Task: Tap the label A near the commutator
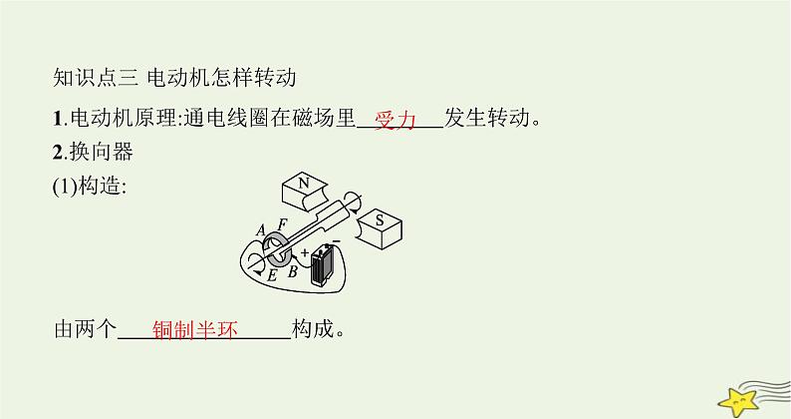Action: coord(261,231)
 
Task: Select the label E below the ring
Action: coord(270,276)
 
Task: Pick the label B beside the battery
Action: coord(291,268)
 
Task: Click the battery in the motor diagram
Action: coord(322,267)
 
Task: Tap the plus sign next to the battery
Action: coord(305,254)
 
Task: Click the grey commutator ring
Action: coord(275,253)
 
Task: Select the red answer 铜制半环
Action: coord(197,330)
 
